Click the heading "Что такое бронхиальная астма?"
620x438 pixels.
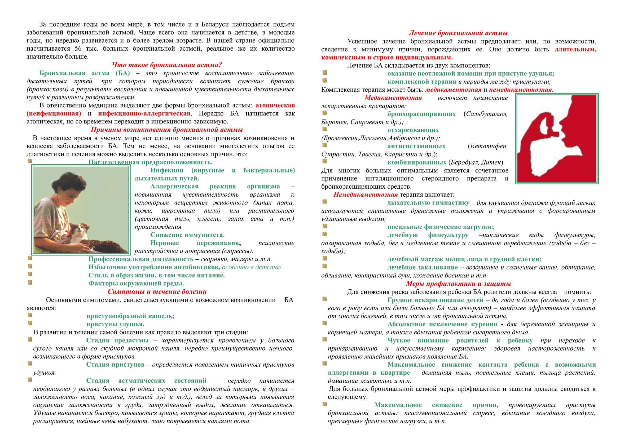(167, 65)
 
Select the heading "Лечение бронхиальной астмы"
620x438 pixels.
(458, 33)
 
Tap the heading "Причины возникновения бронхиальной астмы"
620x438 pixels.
(167, 130)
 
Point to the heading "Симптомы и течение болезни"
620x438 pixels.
(157, 292)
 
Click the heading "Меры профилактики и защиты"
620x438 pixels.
(458, 284)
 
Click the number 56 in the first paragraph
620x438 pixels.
(78, 49)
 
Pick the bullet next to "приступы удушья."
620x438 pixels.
(30, 323)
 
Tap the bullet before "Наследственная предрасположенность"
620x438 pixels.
(30, 161)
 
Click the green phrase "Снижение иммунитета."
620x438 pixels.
(187, 235)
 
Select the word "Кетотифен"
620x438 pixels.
(489, 146)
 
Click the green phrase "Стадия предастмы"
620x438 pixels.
(117, 340)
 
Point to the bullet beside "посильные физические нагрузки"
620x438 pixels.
(325, 226)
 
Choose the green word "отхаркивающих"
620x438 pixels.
(413, 130)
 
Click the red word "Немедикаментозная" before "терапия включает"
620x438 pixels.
(365, 194)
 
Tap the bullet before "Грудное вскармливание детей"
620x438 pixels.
(325, 299)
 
